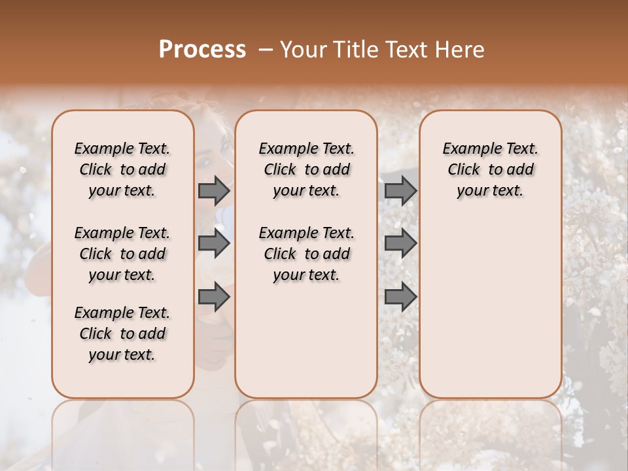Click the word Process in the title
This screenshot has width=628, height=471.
point(202,50)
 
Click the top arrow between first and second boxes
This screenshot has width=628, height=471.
point(214,190)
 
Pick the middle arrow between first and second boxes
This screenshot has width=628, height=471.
point(214,243)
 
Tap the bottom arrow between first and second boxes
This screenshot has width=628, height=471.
point(214,297)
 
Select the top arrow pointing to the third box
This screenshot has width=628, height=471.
point(400,190)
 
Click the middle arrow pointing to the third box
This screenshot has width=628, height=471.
point(400,243)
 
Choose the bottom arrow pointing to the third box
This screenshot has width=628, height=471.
point(400,297)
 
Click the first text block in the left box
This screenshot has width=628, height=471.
point(122,169)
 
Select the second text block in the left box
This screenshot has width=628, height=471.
point(122,254)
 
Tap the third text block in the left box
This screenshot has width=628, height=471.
point(122,334)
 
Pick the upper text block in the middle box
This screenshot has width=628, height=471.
point(306,169)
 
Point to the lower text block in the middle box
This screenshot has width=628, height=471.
point(306,254)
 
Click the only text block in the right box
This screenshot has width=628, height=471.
point(490,169)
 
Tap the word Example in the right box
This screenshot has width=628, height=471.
point(467,149)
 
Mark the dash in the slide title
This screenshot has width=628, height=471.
point(265,50)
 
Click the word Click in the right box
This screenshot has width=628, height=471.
point(464,170)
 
